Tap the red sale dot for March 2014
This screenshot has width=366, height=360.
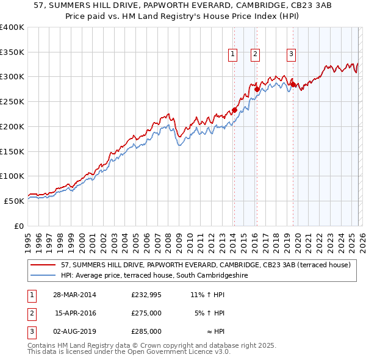point(234,110)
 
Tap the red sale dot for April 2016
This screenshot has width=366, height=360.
point(257,89)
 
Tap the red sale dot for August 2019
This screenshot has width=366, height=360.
point(293,84)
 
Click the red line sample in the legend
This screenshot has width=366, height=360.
point(43,265)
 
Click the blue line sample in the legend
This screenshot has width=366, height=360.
point(43,276)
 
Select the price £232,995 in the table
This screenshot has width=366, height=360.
point(146,295)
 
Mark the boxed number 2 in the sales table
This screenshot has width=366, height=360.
point(30,313)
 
